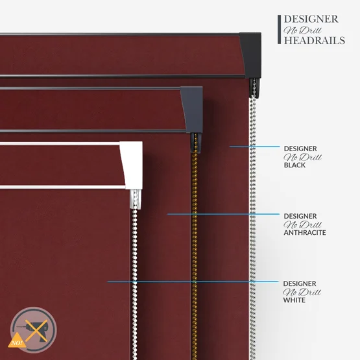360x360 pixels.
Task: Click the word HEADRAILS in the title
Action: pyautogui.click(x=315, y=40)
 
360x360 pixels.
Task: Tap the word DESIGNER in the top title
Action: pyautogui.click(x=311, y=19)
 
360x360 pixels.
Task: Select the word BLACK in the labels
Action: pyautogui.click(x=294, y=165)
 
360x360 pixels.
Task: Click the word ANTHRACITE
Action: pyautogui.click(x=305, y=233)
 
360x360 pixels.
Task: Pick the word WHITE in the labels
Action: pyautogui.click(x=294, y=300)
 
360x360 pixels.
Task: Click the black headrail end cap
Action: pyautogui.click(x=251, y=55)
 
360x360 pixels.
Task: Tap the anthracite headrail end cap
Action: pyautogui.click(x=192, y=110)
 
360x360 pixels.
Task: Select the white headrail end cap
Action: pyautogui.click(x=132, y=165)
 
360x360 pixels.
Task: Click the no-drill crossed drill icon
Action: pyautogui.click(x=34, y=330)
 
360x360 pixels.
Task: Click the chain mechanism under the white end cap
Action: pyautogui.click(x=135, y=199)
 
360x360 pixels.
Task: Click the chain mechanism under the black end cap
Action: pyautogui.click(x=254, y=88)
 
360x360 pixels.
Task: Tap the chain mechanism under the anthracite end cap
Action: pyautogui.click(x=195, y=143)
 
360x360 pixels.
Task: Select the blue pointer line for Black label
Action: pyautogui.click(x=254, y=147)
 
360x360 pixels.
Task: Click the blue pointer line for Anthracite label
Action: pyautogui.click(x=223, y=214)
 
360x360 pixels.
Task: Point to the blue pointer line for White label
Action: pyautogui.click(x=193, y=282)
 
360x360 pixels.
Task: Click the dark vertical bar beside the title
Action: pyautogui.click(x=279, y=29)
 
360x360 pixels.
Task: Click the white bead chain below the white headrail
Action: pyautogui.click(x=134, y=284)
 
